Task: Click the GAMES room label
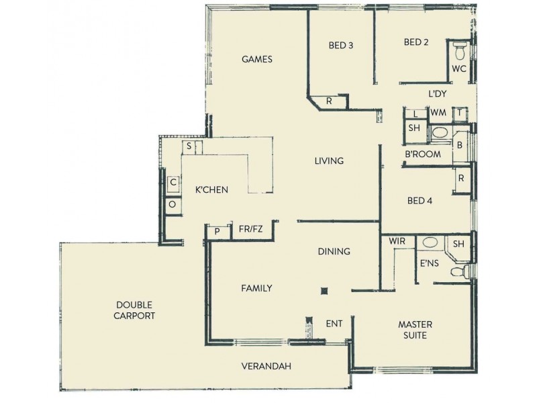(257, 59)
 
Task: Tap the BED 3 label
(340, 46)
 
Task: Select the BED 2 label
(416, 42)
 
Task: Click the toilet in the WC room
(460, 50)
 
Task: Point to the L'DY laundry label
(437, 95)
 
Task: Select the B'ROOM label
(422, 154)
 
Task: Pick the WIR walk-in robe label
(396, 240)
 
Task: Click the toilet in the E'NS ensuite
(459, 271)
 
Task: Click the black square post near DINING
(324, 291)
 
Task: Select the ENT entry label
(334, 324)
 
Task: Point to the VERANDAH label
(266, 366)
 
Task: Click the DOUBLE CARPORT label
(135, 310)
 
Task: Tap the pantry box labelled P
(217, 232)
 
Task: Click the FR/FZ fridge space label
(250, 229)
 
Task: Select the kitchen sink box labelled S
(189, 146)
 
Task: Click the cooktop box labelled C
(173, 182)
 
